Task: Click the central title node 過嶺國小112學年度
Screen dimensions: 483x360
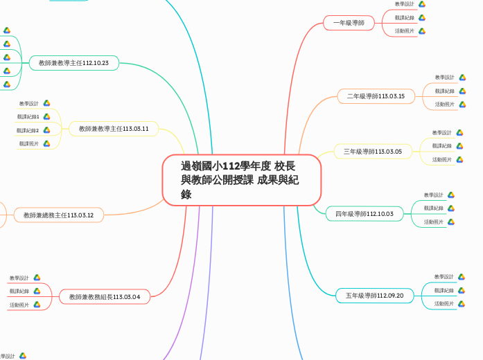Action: tap(241, 179)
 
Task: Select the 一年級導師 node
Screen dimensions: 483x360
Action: tap(349, 24)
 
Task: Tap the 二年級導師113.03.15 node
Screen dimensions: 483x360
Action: tap(376, 96)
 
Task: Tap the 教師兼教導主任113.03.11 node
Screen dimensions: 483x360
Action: tap(114, 129)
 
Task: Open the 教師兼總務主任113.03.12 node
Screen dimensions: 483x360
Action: tap(58, 215)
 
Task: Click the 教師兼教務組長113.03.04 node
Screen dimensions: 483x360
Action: tap(104, 297)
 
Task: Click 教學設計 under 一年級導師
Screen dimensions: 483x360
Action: tap(405, 4)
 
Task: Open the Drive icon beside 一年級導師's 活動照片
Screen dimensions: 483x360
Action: tap(422, 31)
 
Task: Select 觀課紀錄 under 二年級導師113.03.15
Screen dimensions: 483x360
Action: tap(445, 91)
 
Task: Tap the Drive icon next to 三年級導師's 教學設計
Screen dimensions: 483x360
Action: tap(459, 132)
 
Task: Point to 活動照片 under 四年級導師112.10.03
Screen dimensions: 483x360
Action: tap(434, 222)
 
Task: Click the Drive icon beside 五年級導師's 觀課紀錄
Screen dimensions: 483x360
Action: tap(461, 290)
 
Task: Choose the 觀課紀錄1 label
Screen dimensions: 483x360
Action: tap(28, 116)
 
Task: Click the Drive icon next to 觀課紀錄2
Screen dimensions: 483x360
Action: tap(46, 130)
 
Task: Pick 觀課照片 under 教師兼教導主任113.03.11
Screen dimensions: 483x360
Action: tap(29, 144)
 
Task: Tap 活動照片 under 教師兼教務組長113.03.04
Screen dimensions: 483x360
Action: tap(19, 305)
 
